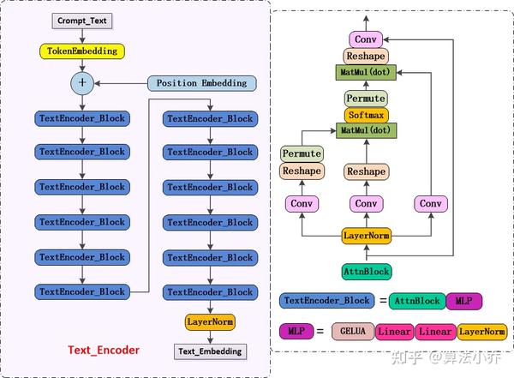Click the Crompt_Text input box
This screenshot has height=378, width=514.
82,21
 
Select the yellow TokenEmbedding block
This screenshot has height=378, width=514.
82,51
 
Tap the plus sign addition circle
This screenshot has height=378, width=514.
82,83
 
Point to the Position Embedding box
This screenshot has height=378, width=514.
201,83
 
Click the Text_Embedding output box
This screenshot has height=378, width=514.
210,351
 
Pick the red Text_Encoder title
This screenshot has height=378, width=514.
104,350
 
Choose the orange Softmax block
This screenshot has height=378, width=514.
366,115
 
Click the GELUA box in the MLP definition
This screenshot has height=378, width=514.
353,332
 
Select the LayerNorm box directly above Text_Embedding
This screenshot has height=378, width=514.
210,322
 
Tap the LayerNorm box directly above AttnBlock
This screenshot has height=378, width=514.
367,236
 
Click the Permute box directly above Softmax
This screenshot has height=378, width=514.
366,99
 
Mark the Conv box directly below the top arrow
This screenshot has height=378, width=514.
366,39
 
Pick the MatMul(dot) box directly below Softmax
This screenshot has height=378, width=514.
366,130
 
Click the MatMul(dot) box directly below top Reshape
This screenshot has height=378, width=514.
366,72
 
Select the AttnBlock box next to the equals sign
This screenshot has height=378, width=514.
417,301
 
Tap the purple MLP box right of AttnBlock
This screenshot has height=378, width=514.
463,301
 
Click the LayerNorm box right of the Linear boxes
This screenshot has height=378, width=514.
481,332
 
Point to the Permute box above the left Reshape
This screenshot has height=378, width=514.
302,154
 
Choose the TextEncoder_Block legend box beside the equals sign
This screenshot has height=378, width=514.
327,301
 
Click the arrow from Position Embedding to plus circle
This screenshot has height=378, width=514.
121,84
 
